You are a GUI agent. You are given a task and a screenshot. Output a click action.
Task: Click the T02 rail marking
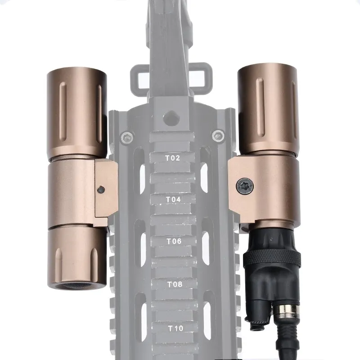[x=173, y=158]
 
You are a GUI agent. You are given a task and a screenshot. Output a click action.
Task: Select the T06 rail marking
[x=174, y=242]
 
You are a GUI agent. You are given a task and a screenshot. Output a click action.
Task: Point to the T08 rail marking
[x=175, y=284]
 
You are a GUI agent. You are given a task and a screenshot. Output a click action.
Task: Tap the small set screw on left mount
[x=101, y=190]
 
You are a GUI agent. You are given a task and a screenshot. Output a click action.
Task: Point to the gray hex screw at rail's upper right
[x=219, y=134]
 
